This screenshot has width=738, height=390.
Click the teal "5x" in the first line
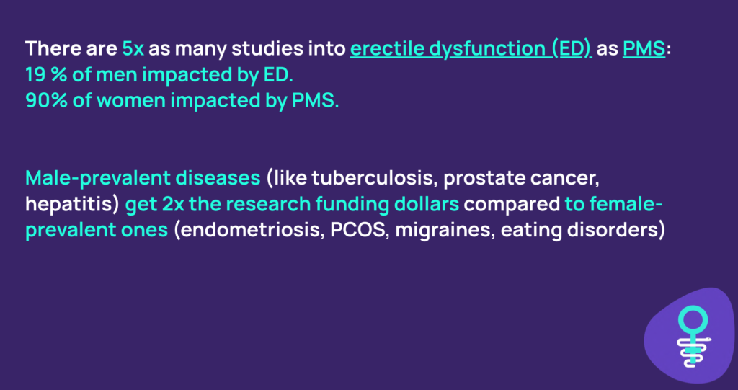pyautogui.click(x=133, y=48)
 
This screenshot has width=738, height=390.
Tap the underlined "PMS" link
pyautogui.click(x=644, y=48)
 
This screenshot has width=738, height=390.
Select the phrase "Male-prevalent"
pyautogui.click(x=97, y=178)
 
